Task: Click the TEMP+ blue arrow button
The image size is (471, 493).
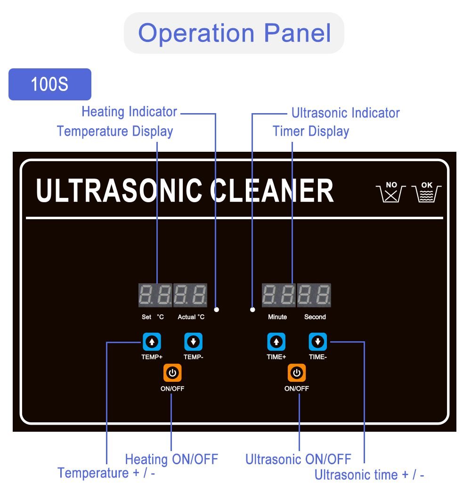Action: [152, 341]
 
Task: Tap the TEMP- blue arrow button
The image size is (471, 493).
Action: [193, 341]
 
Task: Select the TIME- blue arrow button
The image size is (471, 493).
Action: [318, 341]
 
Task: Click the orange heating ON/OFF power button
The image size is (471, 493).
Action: [172, 373]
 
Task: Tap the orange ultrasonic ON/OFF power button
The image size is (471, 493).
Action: [297, 373]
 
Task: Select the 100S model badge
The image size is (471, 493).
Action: [49, 84]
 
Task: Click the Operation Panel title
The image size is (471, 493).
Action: [234, 33]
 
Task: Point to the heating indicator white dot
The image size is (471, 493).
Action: [217, 310]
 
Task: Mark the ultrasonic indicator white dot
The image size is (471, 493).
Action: [252, 310]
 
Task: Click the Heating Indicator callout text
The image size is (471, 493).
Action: [130, 112]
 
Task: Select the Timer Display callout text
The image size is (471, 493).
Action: [311, 131]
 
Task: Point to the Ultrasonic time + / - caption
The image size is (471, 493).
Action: [369, 475]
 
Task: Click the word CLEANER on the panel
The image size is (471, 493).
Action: [272, 191]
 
